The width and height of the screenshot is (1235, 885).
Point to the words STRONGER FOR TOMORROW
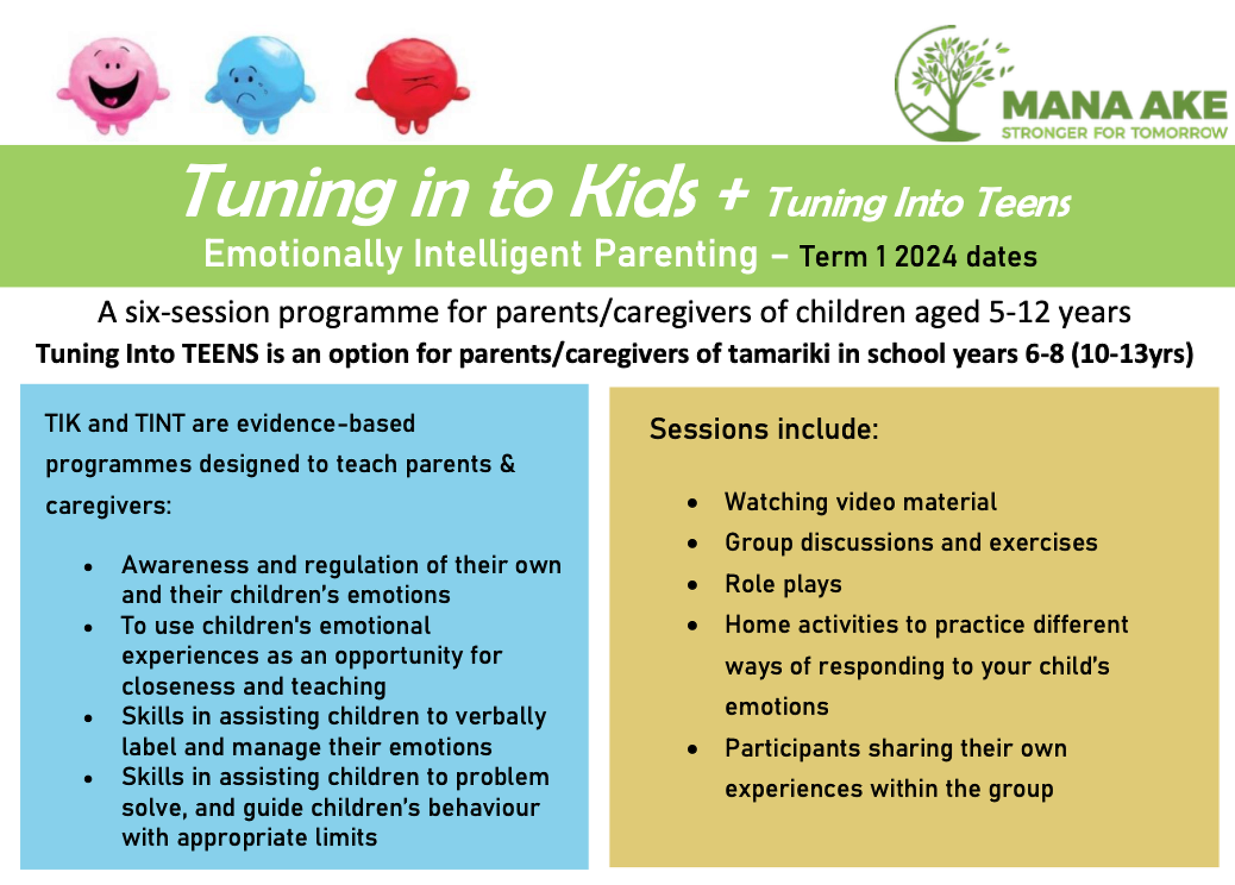click(x=1114, y=133)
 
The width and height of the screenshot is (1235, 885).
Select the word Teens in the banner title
click(x=1023, y=203)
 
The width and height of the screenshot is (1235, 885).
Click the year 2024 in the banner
click(x=926, y=256)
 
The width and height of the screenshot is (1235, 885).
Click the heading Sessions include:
click(x=763, y=429)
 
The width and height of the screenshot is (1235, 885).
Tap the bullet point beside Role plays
click(x=692, y=584)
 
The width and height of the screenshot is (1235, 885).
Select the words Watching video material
click(x=860, y=502)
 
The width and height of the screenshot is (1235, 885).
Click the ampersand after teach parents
click(x=508, y=463)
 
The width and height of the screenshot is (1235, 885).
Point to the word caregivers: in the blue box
click(x=108, y=505)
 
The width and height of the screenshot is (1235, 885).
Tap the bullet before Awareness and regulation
click(x=88, y=567)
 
